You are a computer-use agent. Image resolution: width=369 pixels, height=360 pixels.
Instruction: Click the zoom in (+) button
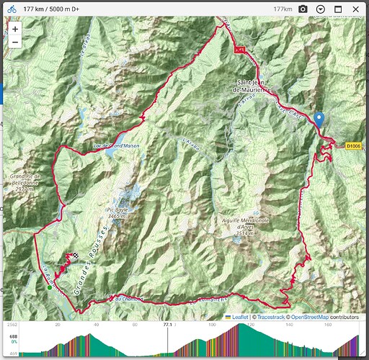(x=15, y=29)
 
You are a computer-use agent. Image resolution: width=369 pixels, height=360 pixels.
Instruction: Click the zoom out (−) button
(x=15, y=42)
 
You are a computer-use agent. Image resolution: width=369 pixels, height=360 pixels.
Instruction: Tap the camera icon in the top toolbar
(x=303, y=9)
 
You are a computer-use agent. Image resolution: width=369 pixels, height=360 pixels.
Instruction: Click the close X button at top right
(x=357, y=9)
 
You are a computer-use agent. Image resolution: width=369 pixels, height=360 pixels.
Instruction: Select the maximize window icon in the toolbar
(x=338, y=9)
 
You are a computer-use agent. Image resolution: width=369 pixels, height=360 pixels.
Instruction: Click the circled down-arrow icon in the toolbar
(x=320, y=9)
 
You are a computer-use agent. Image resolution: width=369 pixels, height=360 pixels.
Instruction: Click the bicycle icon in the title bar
(x=12, y=9)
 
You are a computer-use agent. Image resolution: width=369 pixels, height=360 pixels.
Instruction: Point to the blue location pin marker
(x=319, y=120)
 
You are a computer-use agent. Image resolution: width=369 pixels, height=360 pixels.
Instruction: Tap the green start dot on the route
(x=49, y=288)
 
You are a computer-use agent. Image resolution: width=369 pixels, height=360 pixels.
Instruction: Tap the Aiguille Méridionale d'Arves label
(x=245, y=226)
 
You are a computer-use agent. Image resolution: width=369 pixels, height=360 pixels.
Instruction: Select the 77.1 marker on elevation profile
(x=167, y=325)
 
